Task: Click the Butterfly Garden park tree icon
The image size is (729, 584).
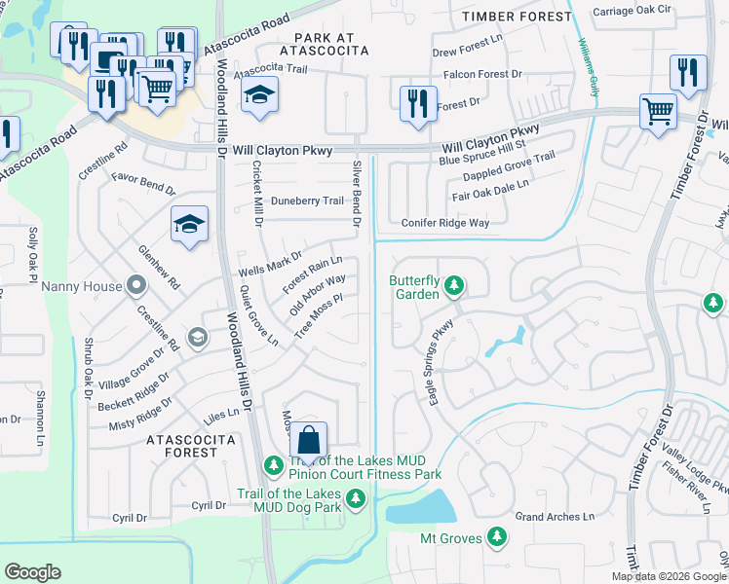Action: coord(453,286)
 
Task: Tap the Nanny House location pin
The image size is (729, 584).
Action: coord(136,287)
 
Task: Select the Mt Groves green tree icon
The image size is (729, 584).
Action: coord(497,537)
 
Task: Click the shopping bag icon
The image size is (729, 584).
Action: coord(308,441)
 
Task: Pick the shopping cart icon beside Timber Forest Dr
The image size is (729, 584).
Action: coord(658,110)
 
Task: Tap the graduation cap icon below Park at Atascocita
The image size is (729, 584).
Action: coord(260,95)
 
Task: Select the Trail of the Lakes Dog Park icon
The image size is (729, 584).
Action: coord(356,499)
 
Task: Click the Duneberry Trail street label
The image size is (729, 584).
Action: coord(307,201)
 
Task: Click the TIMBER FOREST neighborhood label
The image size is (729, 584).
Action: coord(517,17)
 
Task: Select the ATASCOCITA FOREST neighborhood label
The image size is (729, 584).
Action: coord(182,446)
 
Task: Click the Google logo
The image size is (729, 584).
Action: coord(32,572)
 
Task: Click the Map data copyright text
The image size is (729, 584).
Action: coord(668,576)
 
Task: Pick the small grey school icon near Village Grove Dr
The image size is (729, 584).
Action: coord(197,337)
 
